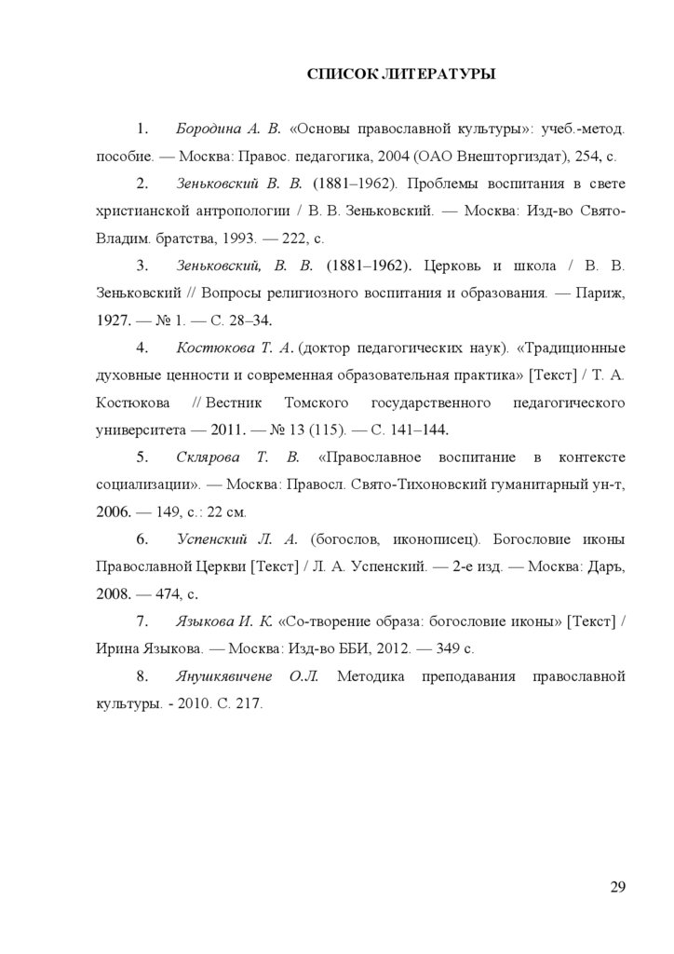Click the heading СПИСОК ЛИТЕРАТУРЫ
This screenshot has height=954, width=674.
[x=401, y=74]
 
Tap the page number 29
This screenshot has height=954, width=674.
[x=617, y=886]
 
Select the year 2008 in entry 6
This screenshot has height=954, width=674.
[x=114, y=593]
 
